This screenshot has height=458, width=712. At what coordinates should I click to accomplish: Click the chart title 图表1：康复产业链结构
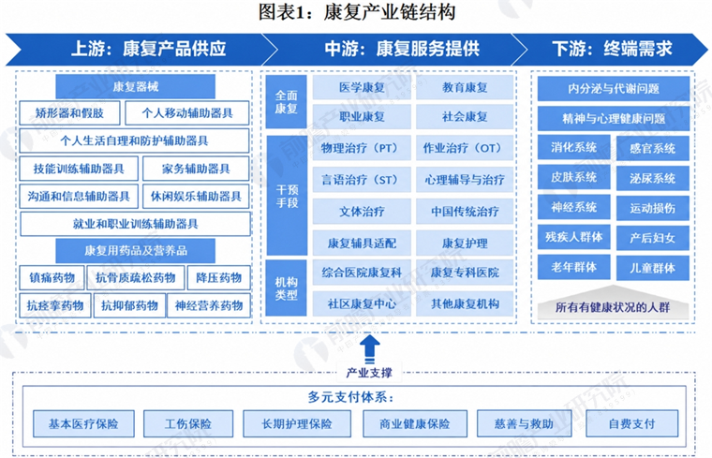click(x=356, y=12)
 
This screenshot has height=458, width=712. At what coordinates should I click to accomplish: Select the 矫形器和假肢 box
click(x=69, y=113)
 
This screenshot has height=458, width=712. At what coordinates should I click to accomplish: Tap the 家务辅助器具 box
click(x=196, y=169)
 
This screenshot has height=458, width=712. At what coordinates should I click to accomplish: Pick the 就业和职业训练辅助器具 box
click(x=135, y=224)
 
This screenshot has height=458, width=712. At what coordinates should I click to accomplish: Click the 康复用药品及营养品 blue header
click(x=135, y=251)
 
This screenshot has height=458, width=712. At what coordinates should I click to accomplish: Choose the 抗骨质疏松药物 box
click(x=135, y=278)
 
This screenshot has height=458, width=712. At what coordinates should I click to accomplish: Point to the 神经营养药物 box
click(x=209, y=305)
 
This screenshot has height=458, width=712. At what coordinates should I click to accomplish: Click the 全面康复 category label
click(x=286, y=102)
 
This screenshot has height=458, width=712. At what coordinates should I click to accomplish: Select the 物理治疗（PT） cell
click(x=362, y=148)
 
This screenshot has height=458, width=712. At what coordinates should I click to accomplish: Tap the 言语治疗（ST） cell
click(x=362, y=180)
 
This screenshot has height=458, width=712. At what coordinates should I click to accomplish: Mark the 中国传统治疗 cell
click(x=465, y=212)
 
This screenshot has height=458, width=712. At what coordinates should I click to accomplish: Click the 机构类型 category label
click(x=286, y=288)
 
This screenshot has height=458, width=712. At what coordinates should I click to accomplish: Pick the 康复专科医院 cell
click(x=465, y=273)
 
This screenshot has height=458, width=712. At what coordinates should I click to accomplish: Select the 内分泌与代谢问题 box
click(x=614, y=89)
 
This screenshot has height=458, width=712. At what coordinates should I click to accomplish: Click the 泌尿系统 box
click(x=653, y=178)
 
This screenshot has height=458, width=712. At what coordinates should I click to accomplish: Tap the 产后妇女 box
click(x=653, y=238)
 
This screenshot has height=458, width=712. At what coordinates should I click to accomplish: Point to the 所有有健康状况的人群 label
click(x=613, y=307)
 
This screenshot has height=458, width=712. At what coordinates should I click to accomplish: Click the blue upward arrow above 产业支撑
click(x=370, y=349)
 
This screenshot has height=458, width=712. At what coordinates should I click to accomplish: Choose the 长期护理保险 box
click(x=297, y=424)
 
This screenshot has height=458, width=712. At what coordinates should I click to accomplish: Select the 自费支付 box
click(x=631, y=424)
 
